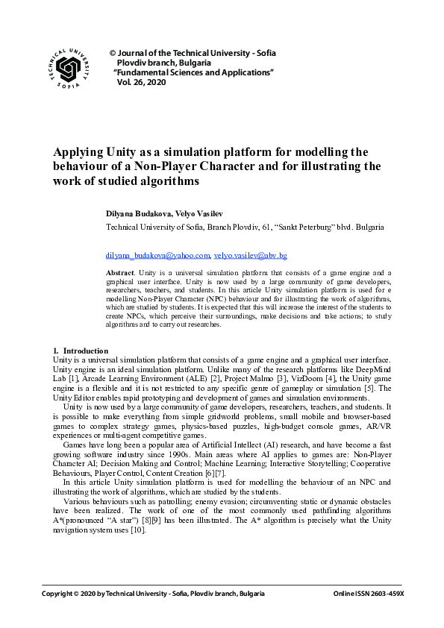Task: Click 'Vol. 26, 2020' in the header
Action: pos(141,83)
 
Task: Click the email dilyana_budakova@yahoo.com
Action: pos(158,255)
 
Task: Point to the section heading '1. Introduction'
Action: pos(80,351)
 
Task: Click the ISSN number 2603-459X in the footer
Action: pos(386,594)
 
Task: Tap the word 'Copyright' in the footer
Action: pos(59,594)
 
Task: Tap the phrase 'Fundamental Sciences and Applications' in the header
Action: pos(194,73)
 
